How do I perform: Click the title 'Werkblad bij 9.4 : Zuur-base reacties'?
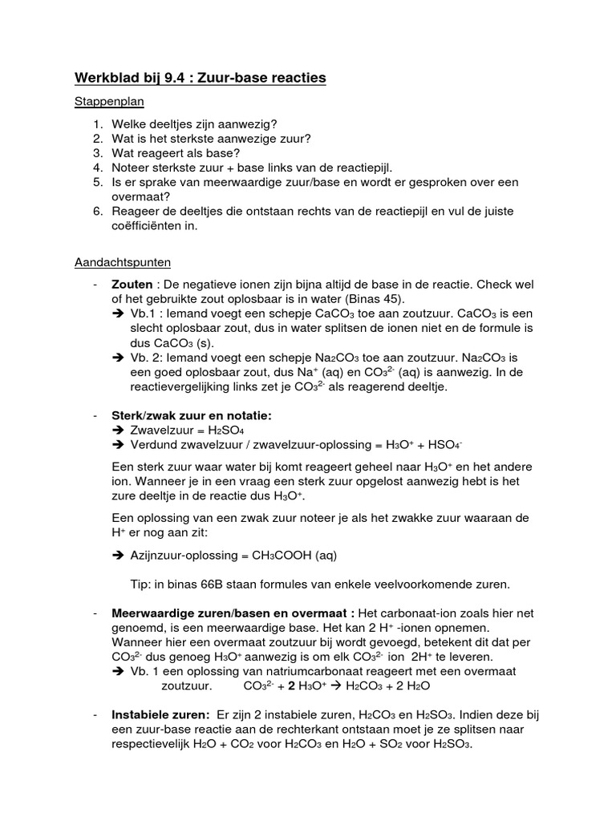(x=201, y=78)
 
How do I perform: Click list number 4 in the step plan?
(x=97, y=167)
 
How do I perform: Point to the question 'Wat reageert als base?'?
(x=176, y=152)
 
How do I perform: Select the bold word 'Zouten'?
(x=131, y=285)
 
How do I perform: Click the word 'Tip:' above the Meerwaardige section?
(x=143, y=583)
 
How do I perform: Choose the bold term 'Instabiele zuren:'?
(x=160, y=714)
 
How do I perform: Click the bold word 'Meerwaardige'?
(x=150, y=613)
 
